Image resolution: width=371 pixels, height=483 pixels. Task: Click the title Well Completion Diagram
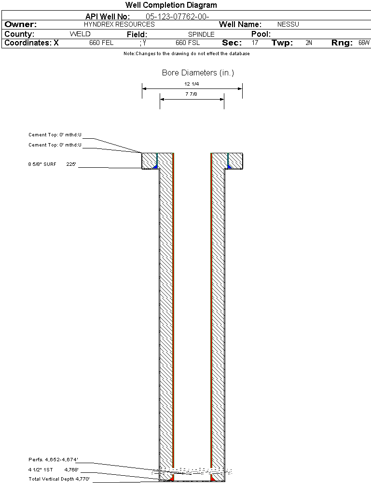(x=171, y=5)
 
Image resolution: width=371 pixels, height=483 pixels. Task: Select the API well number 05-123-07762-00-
(x=178, y=16)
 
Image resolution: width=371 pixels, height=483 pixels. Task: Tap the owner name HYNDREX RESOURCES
(x=119, y=24)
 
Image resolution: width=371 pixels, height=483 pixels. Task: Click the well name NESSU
(x=288, y=24)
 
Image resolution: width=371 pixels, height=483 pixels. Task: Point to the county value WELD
(x=80, y=34)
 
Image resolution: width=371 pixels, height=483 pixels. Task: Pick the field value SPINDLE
(x=201, y=34)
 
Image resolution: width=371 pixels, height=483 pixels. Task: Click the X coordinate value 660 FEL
(x=101, y=43)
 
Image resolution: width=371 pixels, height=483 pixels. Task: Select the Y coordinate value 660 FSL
(x=188, y=43)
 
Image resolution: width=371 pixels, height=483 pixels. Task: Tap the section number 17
(x=255, y=43)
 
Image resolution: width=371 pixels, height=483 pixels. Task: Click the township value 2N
(x=309, y=43)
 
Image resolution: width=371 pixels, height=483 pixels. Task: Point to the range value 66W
(x=364, y=43)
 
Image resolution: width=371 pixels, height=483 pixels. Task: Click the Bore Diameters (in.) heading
(x=198, y=73)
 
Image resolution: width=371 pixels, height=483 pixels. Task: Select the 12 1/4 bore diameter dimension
(x=192, y=84)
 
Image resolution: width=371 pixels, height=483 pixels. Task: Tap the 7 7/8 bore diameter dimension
(x=191, y=94)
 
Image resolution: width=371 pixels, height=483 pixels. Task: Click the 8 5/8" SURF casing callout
(x=42, y=164)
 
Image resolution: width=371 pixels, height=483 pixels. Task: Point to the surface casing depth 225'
(x=71, y=164)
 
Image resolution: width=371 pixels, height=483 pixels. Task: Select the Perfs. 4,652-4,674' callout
(x=53, y=460)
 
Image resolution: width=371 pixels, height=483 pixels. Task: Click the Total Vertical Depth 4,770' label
(x=59, y=479)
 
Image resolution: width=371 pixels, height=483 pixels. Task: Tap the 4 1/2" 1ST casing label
(x=41, y=470)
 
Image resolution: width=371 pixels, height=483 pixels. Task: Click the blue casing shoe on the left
(x=156, y=166)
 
